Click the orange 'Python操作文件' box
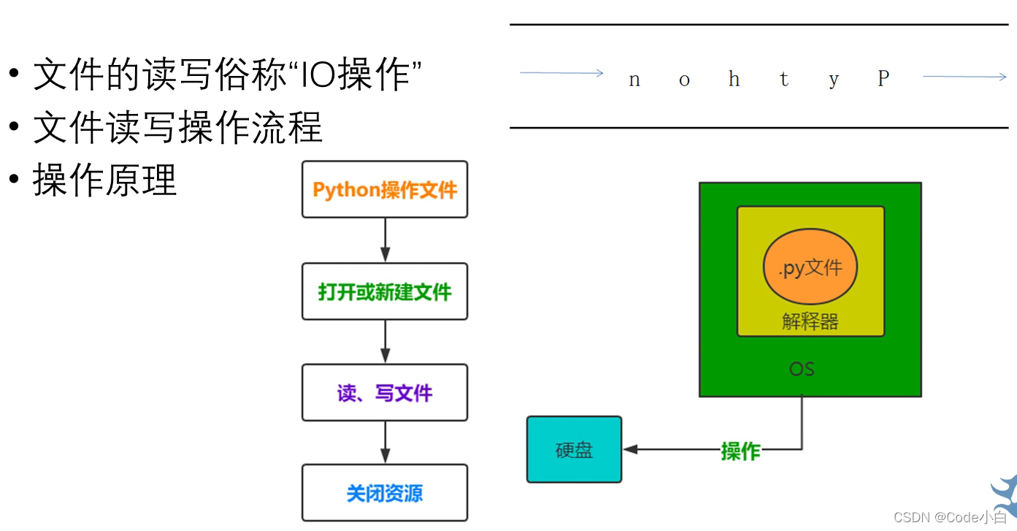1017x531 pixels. [385, 190]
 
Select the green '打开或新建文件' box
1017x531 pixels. [385, 292]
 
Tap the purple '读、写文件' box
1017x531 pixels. [385, 393]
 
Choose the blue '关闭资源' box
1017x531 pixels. [385, 493]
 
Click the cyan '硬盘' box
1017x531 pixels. [574, 450]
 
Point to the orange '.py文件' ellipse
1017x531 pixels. [810, 268]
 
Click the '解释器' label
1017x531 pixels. [810, 321]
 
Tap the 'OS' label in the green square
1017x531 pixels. [802, 369]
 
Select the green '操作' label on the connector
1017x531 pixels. [740, 451]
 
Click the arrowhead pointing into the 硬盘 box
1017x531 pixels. [630, 449]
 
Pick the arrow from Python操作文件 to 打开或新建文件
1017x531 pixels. [385, 240]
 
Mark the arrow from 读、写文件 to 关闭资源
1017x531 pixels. [385, 443]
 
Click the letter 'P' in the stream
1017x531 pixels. [883, 79]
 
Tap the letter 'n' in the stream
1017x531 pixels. [634, 80]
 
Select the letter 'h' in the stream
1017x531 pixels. [734, 79]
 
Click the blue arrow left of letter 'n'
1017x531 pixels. [561, 73]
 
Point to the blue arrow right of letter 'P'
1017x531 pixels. [964, 76]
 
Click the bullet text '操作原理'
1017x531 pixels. [105, 180]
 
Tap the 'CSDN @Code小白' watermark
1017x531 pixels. [950, 517]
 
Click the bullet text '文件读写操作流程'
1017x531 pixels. [177, 128]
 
